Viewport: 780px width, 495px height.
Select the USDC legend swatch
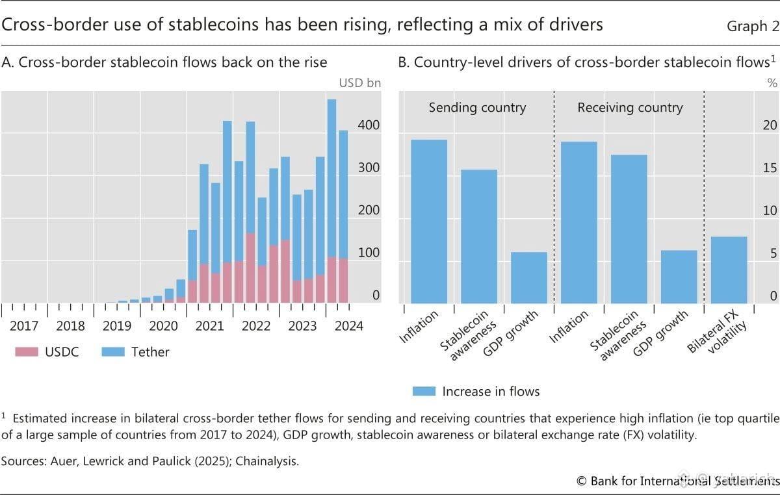(27, 352)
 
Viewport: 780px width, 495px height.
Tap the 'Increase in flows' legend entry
(476, 391)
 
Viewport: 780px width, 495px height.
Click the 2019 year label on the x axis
(116, 326)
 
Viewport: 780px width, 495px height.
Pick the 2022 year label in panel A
(256, 326)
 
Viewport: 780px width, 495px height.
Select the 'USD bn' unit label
(359, 82)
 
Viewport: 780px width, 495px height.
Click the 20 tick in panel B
(769, 125)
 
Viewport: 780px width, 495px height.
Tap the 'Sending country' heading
(477, 108)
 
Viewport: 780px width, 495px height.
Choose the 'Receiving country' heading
(630, 108)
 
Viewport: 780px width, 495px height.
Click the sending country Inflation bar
(429, 221)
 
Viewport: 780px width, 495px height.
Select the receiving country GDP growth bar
(679, 276)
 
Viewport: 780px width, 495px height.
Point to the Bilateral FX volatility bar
(729, 270)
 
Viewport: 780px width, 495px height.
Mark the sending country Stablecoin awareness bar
(479, 236)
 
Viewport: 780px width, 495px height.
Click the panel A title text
(164, 62)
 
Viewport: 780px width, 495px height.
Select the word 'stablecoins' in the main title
(177, 25)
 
